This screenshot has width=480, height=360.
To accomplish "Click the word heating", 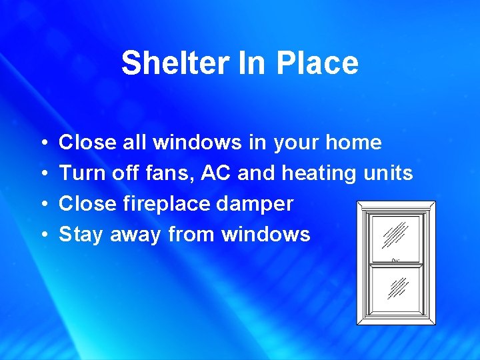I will (319, 173).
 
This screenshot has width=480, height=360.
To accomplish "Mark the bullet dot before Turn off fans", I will (43, 174).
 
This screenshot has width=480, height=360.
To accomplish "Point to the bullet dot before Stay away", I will (43, 235).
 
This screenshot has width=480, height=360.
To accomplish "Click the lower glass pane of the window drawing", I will (397, 288).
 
